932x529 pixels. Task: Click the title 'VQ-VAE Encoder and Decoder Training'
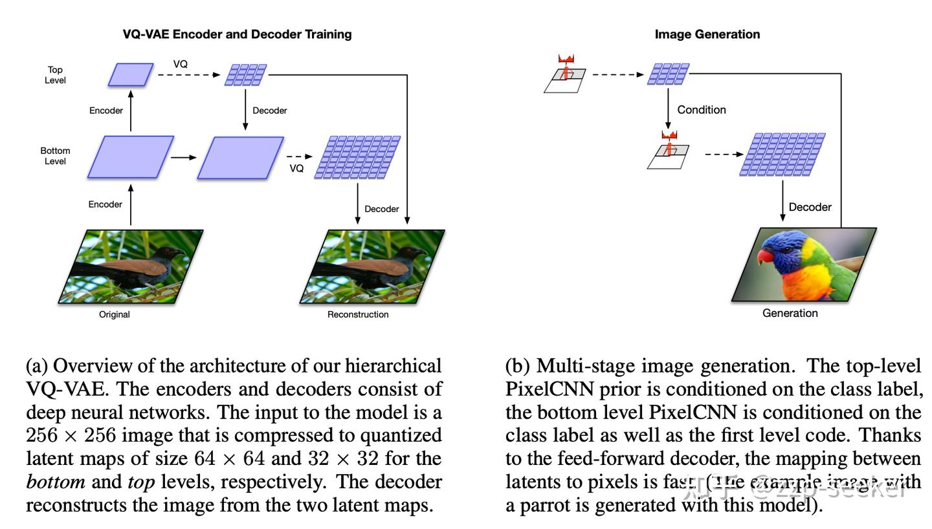coord(237,34)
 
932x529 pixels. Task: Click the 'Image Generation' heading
coord(707,34)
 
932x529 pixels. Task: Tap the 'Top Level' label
coord(55,75)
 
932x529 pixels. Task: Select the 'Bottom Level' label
coord(55,156)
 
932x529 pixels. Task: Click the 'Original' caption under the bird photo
coord(114,314)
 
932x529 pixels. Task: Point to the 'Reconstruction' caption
coord(358,314)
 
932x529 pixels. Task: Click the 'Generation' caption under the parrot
coord(790,313)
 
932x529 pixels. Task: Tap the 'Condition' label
coord(701,110)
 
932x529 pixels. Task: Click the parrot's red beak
coord(765,256)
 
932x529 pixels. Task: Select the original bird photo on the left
coord(131,266)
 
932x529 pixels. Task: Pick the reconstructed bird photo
coord(372,266)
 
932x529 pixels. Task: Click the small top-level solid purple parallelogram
coord(131,74)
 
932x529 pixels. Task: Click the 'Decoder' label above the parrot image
coord(810,207)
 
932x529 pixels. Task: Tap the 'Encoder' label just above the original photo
coord(105,204)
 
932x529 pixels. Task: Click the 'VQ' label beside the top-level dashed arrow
coord(181,64)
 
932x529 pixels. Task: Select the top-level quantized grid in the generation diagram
coord(668,74)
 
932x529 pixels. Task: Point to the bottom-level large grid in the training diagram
coord(357,157)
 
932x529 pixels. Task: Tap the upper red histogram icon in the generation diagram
coord(566,59)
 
